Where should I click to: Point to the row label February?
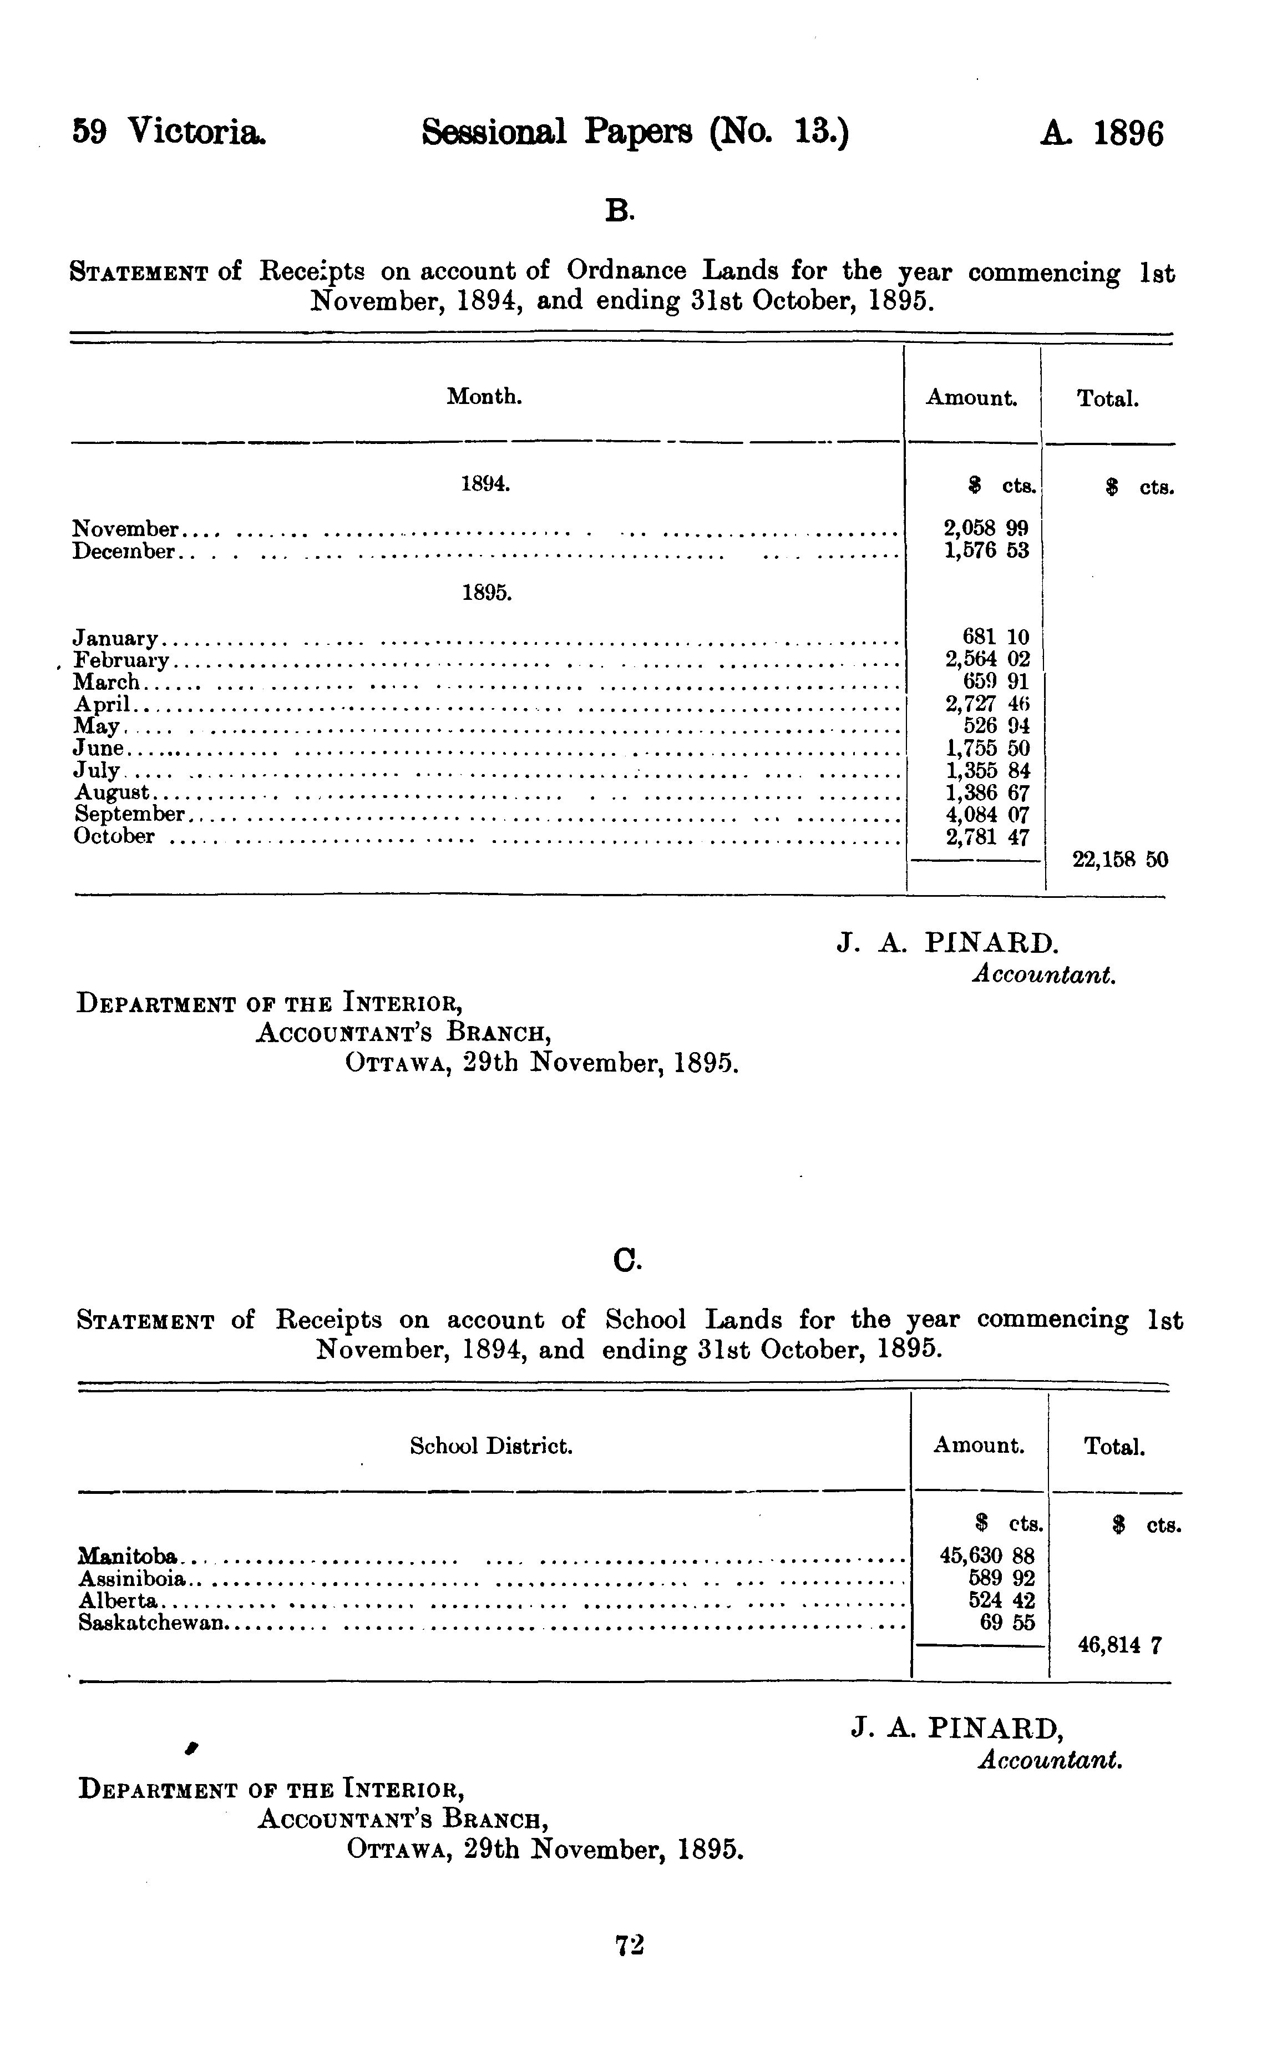click(x=121, y=660)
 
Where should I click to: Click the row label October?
click(x=114, y=836)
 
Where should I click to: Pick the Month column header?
click(x=484, y=396)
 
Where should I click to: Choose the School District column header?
click(x=491, y=1446)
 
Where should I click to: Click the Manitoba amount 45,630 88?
click(x=986, y=1555)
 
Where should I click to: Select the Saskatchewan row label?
click(x=152, y=1622)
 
